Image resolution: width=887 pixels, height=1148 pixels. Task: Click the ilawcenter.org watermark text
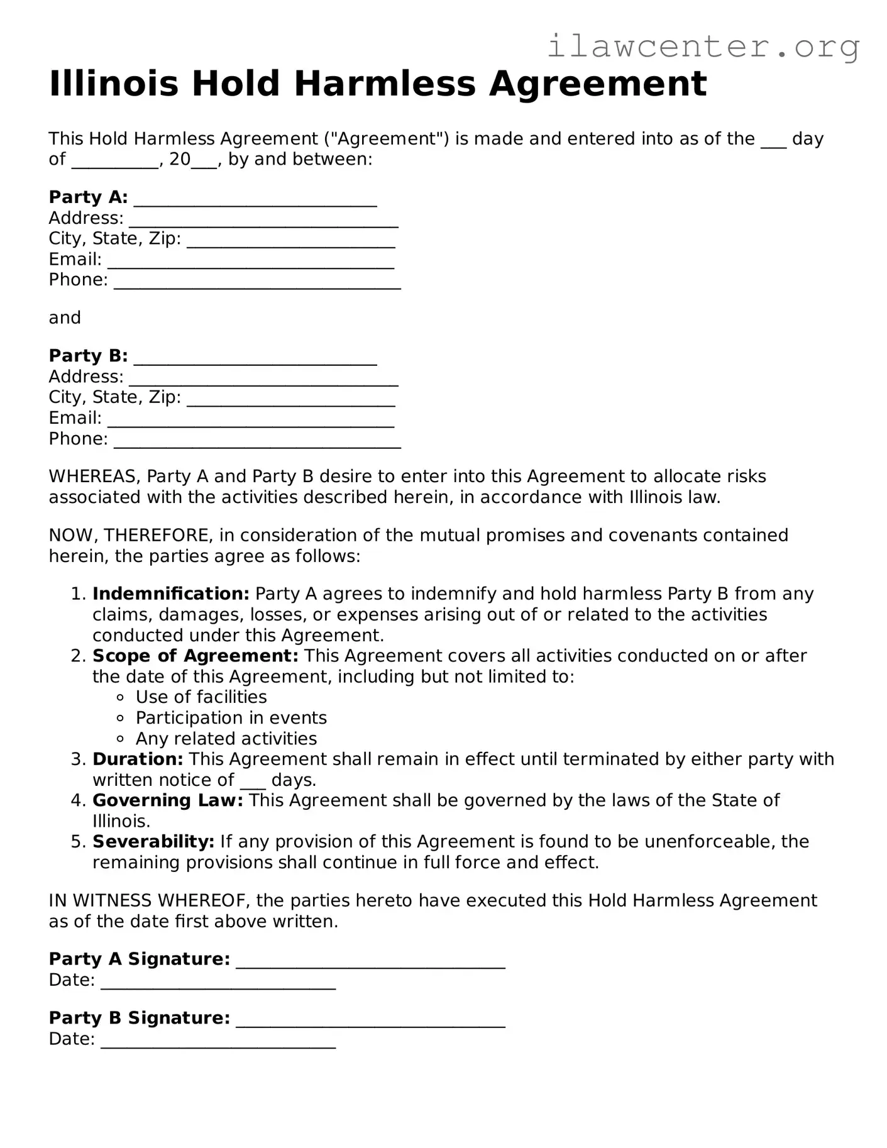coord(703,47)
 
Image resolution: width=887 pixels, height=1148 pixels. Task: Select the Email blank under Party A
coord(250,262)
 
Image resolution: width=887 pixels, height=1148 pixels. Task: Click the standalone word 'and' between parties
coord(65,318)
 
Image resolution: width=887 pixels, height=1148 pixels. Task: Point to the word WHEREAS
coord(94,477)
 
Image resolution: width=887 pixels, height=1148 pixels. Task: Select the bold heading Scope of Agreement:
coord(195,656)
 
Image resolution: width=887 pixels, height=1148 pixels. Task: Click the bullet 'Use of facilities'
coord(201,697)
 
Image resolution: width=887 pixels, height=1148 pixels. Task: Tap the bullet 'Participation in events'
coord(231,718)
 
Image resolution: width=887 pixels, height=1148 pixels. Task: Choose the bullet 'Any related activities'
coord(226,739)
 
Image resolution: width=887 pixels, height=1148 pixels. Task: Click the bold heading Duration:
coord(138,759)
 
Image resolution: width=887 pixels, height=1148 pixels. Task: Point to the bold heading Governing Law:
coord(167,801)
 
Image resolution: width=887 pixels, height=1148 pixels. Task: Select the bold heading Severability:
coord(153,842)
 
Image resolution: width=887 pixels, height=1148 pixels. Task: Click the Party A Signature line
coord(370,963)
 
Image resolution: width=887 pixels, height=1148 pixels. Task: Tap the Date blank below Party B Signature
coord(218,1042)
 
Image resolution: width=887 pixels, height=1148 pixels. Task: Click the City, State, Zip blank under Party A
coord(290,241)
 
